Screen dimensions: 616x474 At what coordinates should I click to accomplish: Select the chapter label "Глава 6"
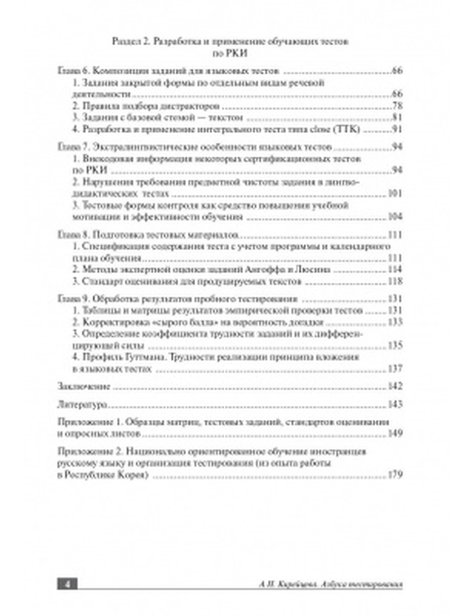[x=73, y=71]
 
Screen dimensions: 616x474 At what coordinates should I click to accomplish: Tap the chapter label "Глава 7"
[x=73, y=147]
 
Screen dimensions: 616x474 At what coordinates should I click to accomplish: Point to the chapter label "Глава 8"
[x=73, y=235]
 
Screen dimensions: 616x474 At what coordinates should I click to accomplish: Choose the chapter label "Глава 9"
[x=73, y=299]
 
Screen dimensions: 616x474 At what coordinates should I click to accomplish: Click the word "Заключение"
[x=77, y=386]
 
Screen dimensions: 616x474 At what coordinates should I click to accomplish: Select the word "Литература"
[x=76, y=405]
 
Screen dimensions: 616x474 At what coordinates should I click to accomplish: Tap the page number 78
[x=397, y=106]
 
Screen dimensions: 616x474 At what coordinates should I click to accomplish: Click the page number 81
[x=397, y=118]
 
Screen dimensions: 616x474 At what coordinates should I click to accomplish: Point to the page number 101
[x=395, y=194]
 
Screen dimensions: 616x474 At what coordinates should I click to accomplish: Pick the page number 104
[x=395, y=217]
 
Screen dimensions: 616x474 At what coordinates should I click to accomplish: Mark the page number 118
[x=395, y=281]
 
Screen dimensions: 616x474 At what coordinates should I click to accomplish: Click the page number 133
[x=395, y=322]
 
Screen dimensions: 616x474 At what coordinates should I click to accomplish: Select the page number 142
[x=395, y=386]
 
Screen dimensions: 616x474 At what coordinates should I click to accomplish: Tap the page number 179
[x=395, y=475]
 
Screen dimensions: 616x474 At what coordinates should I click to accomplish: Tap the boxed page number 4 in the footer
[x=67, y=584]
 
